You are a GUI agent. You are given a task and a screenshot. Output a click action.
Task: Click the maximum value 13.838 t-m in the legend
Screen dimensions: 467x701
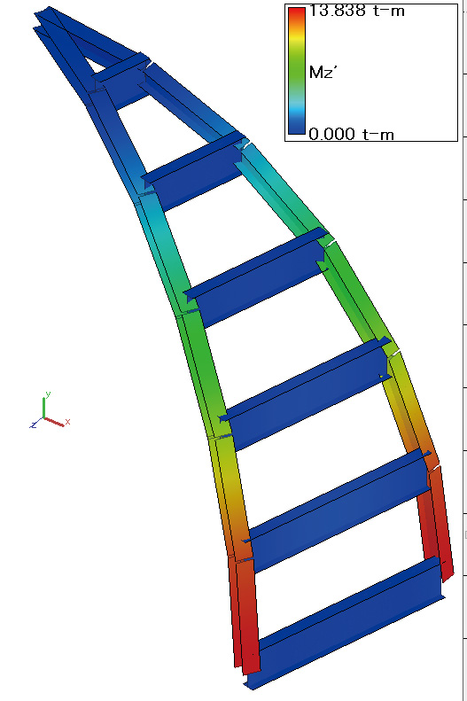(x=356, y=11)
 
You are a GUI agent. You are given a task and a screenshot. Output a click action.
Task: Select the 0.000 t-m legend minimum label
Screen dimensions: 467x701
(x=351, y=134)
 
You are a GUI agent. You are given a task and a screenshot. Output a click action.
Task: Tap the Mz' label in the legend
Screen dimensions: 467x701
(x=322, y=72)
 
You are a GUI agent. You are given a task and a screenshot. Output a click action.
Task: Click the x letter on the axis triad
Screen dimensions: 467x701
(x=68, y=421)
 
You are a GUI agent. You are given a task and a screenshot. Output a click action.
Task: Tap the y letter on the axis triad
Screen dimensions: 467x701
(x=48, y=394)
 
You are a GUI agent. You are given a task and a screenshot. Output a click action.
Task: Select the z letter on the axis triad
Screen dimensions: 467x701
(x=33, y=424)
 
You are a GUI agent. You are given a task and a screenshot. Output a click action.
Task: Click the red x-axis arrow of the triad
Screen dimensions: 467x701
(x=54, y=422)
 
